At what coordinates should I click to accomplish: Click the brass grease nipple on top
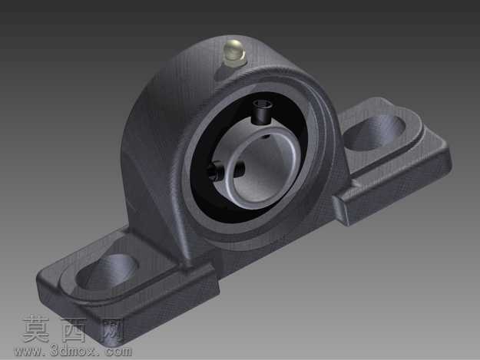234,53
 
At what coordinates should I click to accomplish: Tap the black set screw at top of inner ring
262,113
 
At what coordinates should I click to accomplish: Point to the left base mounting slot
107,272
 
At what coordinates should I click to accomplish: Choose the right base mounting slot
375,133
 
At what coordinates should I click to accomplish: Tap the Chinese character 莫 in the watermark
36,330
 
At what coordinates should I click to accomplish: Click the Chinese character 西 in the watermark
74,330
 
